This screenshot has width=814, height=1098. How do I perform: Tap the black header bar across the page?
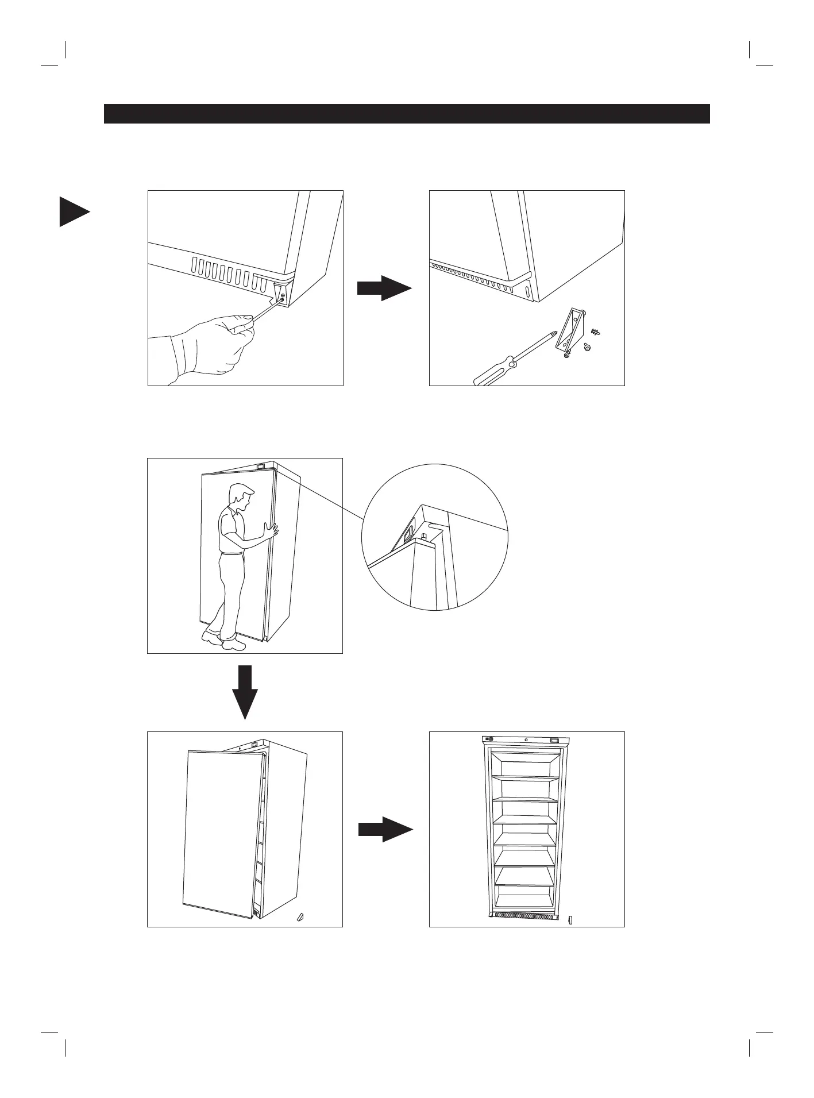coord(407,114)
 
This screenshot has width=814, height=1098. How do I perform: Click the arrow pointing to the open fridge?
coord(385,829)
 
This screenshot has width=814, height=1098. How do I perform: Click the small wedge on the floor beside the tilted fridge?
coord(299,916)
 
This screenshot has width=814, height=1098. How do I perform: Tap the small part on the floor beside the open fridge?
coord(570,919)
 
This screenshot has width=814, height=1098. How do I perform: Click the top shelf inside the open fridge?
coord(526,777)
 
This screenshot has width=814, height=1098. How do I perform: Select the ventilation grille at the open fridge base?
coord(523,915)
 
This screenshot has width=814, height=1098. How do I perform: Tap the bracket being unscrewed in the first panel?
coord(281,294)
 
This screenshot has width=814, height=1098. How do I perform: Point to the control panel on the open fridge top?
coord(526,739)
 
